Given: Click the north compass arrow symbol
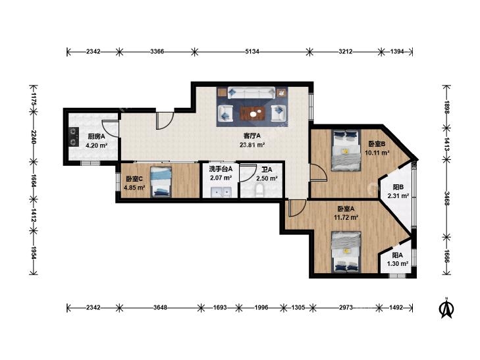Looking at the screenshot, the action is click(446, 308).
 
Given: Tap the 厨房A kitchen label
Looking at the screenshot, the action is click(96, 137).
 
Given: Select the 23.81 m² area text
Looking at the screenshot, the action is click(252, 144).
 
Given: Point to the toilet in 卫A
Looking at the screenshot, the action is click(260, 190).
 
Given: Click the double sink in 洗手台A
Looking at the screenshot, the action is click(221, 192).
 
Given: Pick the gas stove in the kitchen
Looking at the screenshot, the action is click(74, 137).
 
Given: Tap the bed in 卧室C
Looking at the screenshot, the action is click(161, 182).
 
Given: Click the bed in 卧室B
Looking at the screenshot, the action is click(346, 149).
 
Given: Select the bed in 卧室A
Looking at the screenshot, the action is click(346, 251).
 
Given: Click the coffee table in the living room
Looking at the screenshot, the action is click(253, 114).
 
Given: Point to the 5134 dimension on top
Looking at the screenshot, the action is click(252, 52).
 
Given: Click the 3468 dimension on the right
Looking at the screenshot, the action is click(447, 198).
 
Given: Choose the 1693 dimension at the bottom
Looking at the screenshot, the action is click(220, 307).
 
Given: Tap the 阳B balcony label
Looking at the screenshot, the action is click(398, 187).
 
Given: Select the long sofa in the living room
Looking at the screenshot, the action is click(252, 93).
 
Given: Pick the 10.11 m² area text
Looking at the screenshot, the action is click(377, 152).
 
